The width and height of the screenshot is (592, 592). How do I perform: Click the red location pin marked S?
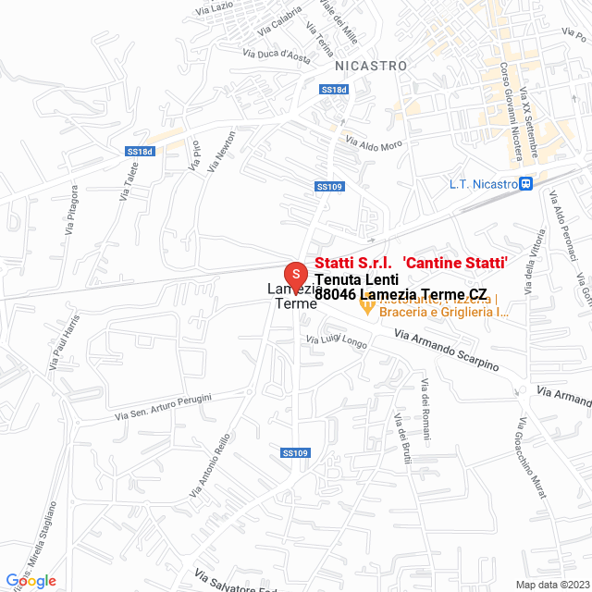[x=295, y=275]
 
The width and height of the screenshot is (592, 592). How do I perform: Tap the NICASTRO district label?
[x=371, y=66]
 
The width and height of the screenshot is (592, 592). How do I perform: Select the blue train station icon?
[x=525, y=184]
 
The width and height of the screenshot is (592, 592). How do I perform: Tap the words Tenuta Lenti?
[x=356, y=279]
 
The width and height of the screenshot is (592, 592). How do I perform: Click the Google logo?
[x=31, y=580]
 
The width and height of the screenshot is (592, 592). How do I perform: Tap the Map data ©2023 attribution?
[x=551, y=585]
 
